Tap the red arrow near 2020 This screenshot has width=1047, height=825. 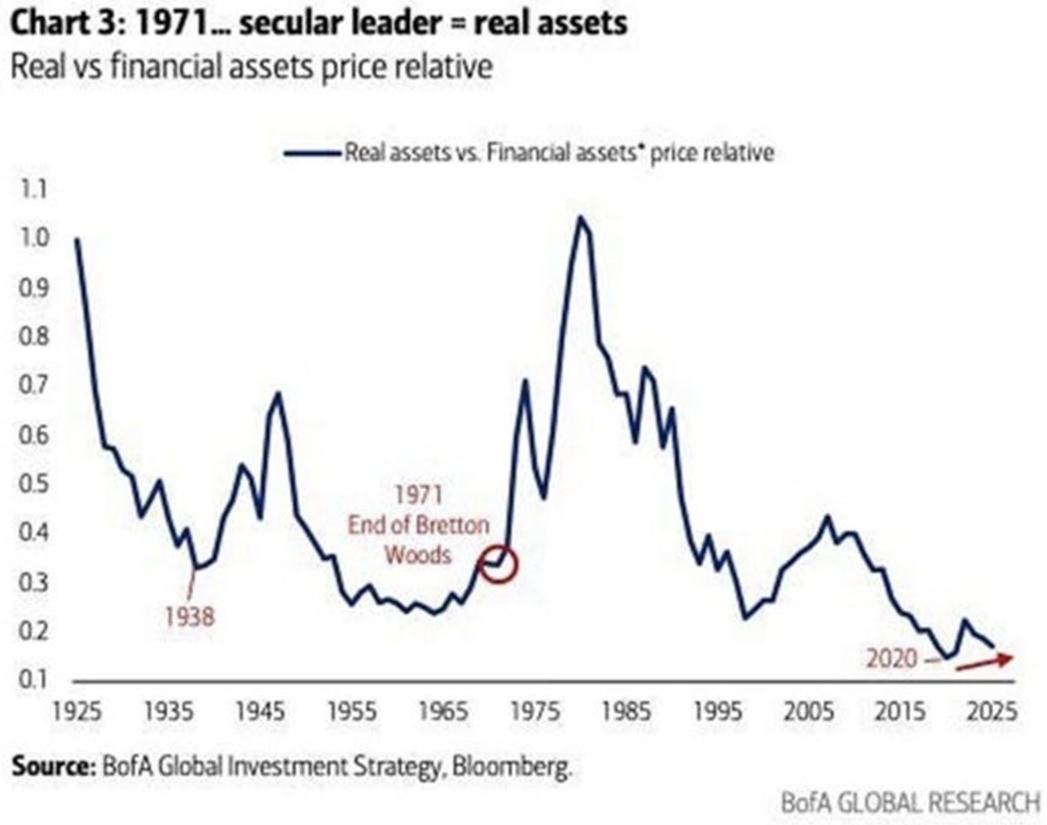tap(985, 662)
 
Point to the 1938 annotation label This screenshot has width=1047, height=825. tap(190, 618)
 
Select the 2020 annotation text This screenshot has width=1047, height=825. tap(891, 659)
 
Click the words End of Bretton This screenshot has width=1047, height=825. tap(418, 525)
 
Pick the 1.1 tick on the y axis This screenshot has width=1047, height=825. tap(34, 189)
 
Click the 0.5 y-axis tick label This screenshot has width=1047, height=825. tap(34, 484)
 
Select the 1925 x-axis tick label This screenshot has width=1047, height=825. tap(77, 712)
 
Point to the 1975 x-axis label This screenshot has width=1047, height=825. tap(535, 712)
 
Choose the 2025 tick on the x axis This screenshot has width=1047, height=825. tap(991, 712)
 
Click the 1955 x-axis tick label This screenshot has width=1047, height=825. tap(352, 712)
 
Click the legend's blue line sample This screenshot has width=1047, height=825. tap(312, 154)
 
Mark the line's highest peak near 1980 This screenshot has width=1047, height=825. tap(579, 217)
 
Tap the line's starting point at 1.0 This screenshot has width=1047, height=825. tap(77, 239)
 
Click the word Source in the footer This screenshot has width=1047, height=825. tap(52, 766)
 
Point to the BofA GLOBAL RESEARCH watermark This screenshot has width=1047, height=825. tap(910, 803)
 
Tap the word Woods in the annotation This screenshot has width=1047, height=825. tap(418, 555)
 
